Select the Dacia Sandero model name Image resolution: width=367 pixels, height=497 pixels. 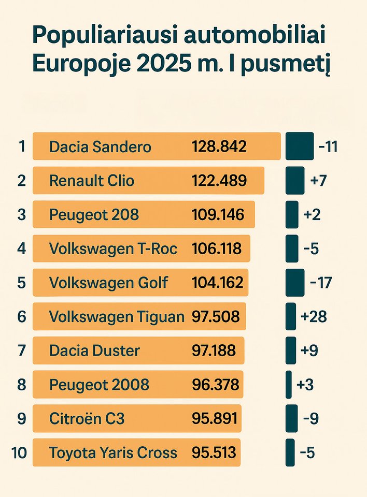[x=100, y=147]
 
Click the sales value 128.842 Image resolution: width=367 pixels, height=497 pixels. [x=219, y=147]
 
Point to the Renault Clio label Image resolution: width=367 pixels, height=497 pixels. [x=91, y=181]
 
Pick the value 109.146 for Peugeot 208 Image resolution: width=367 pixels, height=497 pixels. [x=218, y=215]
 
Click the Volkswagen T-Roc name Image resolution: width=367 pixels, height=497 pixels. [x=113, y=248]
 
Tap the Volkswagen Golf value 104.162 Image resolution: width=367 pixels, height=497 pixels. [x=217, y=283]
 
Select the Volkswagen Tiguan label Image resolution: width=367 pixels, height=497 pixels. [x=117, y=316]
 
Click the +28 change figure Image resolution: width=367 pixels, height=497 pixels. [x=314, y=316]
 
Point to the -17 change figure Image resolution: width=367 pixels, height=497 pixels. [x=320, y=283]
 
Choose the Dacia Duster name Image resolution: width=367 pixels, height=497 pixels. [x=94, y=350]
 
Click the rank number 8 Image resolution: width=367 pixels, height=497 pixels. [x=21, y=385]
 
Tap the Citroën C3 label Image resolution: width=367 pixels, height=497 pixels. [x=87, y=418]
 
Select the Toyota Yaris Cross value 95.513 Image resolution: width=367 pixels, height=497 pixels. [x=214, y=452]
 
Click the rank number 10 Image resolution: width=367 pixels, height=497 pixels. [x=19, y=452]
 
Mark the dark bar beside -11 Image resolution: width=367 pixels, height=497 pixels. [x=299, y=146]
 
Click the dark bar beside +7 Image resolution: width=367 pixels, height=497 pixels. [x=294, y=180]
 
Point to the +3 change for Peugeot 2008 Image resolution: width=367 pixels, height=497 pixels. [x=305, y=385]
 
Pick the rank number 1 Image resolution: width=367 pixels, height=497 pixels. [x=21, y=147]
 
